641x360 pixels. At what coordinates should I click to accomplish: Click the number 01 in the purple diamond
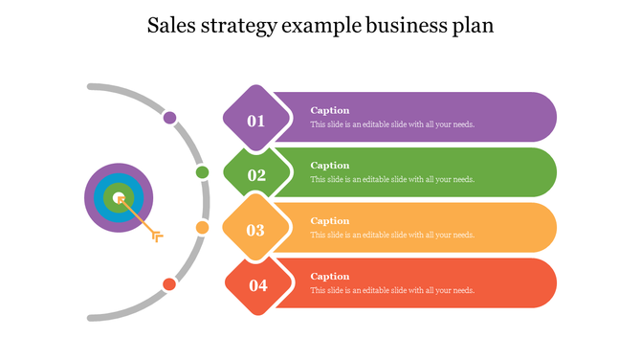tap(256, 121)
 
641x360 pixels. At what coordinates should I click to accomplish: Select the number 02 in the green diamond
tap(256, 175)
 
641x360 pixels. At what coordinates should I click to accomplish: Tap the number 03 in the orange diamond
tap(255, 230)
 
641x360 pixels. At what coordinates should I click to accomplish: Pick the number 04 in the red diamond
tap(258, 284)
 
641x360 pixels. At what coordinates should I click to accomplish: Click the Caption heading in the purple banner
tap(330, 110)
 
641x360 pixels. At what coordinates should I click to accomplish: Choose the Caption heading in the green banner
tap(330, 166)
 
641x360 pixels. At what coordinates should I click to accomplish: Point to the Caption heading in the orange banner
tap(330, 221)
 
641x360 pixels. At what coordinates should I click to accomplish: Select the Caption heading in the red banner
tap(330, 277)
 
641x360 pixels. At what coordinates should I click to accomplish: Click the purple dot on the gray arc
tap(169, 118)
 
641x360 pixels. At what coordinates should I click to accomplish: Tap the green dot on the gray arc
tap(202, 172)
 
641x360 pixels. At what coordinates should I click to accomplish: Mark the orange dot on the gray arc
tap(202, 227)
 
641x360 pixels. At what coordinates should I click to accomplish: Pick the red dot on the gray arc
tap(169, 283)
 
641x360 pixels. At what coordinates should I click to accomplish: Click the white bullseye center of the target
tap(119, 198)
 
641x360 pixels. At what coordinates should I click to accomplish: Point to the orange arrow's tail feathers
tap(157, 236)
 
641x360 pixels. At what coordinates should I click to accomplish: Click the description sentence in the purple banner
tap(392, 124)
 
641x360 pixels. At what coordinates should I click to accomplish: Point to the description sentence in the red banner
tap(392, 291)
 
